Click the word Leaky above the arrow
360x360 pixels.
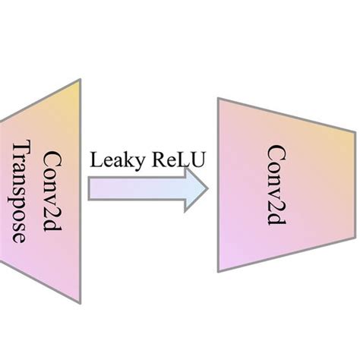click(114, 160)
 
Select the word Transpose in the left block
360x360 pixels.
click(24, 191)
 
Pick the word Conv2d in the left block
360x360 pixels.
click(52, 186)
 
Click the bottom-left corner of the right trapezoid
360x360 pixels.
click(218, 270)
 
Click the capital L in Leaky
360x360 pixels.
click(95, 160)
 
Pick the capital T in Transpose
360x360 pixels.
click(24, 147)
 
